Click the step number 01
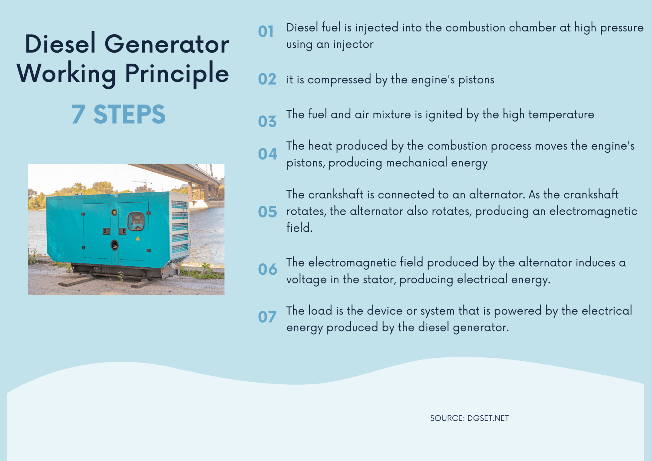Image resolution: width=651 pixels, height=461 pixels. tap(266, 32)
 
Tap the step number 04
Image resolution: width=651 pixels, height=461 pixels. tap(267, 154)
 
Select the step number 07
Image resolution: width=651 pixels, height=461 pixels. tap(267, 317)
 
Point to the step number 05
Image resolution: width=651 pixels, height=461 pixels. tap(267, 212)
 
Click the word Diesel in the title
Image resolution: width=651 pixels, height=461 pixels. tap(60, 44)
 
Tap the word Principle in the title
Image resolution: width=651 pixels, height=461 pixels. tap(177, 74)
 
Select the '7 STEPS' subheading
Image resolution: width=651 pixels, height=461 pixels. tap(118, 114)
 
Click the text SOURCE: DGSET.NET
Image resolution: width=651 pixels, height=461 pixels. tap(469, 418)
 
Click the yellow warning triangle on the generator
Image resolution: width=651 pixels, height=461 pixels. tap(138, 238)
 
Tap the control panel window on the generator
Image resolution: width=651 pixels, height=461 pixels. tap(136, 221)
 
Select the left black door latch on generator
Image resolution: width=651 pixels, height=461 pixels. tap(106, 231)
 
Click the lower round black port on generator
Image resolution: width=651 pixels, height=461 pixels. tap(114, 245)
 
